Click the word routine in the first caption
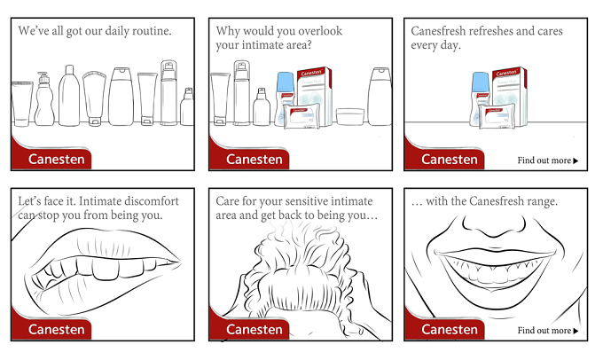pos(152,31)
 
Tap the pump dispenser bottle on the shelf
pos(44,98)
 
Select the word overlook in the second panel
pos(320,31)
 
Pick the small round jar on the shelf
pos(350,116)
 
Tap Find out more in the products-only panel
pos(548,160)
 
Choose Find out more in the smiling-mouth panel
pos(548,330)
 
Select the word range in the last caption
pos(541,200)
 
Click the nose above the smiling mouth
pos(494,226)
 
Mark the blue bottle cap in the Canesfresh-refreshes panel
pos(481,82)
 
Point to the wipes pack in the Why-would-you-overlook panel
pos(301,116)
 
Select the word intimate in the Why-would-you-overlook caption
pos(258,45)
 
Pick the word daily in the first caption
pos(117,31)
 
